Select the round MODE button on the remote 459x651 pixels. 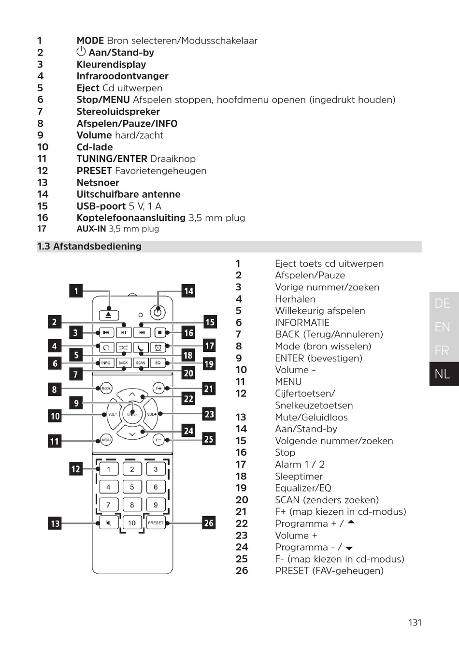[106, 388]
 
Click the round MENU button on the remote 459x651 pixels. [106, 440]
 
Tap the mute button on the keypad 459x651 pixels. [108, 523]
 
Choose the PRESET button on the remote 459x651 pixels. [156, 523]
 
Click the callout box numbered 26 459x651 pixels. [209, 523]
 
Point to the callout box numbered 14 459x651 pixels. [188, 291]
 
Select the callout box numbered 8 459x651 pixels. [54, 389]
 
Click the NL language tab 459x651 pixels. [443, 374]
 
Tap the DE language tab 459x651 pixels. [443, 303]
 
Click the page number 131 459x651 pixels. [415, 622]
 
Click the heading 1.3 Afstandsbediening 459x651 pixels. [89, 246]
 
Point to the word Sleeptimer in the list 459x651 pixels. [299, 476]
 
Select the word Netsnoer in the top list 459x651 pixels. [98, 183]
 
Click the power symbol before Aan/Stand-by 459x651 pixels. [81, 52]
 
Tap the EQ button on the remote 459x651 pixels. [158, 362]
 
